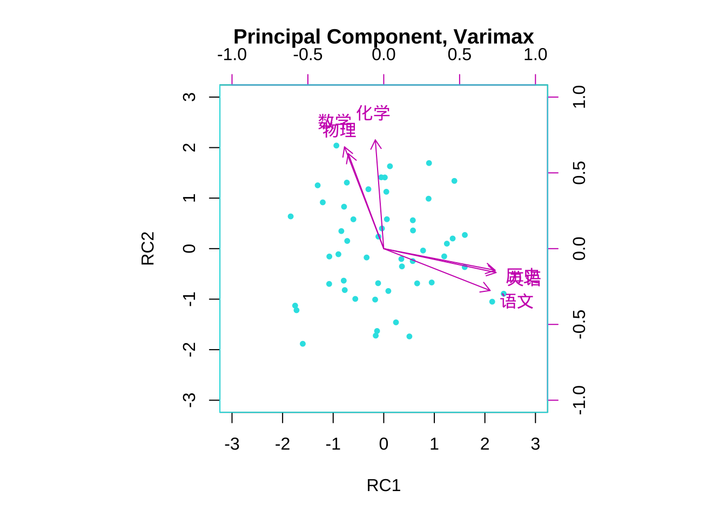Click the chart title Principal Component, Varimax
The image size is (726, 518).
[x=384, y=37]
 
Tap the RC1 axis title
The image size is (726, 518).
[x=384, y=486]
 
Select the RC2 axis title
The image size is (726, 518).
[x=148, y=248]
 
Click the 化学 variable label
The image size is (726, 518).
[x=373, y=113]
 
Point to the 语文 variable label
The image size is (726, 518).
[x=517, y=302]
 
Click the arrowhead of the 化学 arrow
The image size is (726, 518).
[x=375, y=141]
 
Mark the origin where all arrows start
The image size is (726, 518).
[x=384, y=249]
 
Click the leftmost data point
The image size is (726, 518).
[x=291, y=216]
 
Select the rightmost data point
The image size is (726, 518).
[x=503, y=294]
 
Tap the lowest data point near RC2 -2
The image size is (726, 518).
[x=302, y=344]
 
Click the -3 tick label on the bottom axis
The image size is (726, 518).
[x=232, y=444]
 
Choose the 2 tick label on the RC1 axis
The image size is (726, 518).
[x=485, y=444]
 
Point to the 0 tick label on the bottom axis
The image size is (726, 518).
[x=384, y=444]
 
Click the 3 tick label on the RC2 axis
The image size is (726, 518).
[x=189, y=97]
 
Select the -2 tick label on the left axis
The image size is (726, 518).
[x=189, y=350]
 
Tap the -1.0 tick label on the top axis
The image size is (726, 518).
[x=232, y=54]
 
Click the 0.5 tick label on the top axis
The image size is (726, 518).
[x=459, y=54]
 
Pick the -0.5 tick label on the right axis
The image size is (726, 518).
[x=579, y=324]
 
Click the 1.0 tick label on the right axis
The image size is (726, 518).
[x=579, y=97]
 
